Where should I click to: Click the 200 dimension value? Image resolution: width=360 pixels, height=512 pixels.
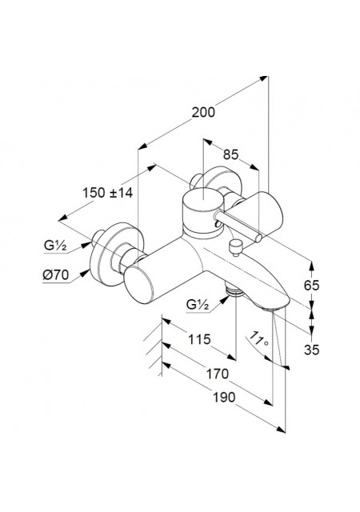pos(203,112)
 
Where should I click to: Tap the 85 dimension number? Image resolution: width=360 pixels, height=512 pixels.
pos(230,154)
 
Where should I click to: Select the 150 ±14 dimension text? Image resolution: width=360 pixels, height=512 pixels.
pos(107,193)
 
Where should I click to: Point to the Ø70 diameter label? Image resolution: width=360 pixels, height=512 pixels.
pos(56,275)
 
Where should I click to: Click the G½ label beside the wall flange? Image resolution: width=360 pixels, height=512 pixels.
pos(55,246)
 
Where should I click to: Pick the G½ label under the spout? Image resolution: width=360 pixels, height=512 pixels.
pos(198,305)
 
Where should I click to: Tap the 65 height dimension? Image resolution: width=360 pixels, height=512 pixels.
pos(311,286)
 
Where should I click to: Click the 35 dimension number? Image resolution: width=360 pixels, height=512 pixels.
pos(311,350)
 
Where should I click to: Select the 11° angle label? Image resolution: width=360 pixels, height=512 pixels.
pos(260,339)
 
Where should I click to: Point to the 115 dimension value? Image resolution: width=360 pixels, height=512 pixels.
pos(199,339)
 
